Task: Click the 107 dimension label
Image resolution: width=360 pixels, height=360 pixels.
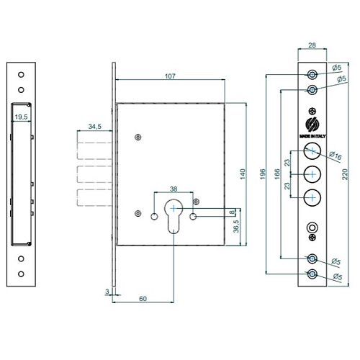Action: [x=170, y=76]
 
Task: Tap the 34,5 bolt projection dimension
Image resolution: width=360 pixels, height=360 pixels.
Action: [x=95, y=126]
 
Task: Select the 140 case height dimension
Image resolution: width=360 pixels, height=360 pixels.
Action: [x=243, y=174]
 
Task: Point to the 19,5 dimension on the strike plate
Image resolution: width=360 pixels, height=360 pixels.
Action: [x=21, y=117]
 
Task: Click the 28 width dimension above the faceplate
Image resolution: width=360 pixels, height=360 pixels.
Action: [x=312, y=45]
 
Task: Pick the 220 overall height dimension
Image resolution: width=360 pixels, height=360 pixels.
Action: [x=345, y=174]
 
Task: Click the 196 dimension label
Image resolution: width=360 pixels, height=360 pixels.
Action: [x=263, y=174]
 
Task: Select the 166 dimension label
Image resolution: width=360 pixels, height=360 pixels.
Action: [x=277, y=174]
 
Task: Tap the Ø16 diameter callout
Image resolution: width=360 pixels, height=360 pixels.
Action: [x=336, y=156]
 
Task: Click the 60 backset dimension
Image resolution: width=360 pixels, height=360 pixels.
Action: [x=143, y=299]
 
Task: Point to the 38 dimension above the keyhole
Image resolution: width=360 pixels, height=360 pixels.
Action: [x=174, y=189]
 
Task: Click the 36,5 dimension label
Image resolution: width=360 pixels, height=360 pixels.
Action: [x=236, y=226]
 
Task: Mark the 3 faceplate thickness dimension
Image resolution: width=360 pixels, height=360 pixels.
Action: [x=107, y=292]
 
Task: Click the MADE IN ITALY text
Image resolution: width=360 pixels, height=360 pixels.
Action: [x=312, y=136]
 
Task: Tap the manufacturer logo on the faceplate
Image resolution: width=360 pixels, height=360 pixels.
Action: [x=312, y=125]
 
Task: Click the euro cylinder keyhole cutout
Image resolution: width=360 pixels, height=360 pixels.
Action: [x=174, y=216]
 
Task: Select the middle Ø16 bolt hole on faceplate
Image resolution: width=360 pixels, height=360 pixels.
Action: [x=312, y=174]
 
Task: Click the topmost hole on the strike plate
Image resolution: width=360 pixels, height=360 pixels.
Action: [x=21, y=75]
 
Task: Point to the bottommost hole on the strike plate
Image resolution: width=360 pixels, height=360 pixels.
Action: [x=21, y=274]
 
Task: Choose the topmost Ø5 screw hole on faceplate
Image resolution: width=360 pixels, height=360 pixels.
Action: [x=312, y=74]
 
